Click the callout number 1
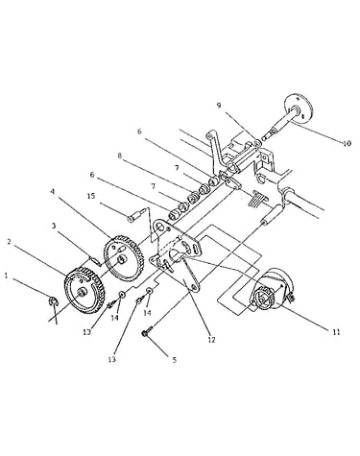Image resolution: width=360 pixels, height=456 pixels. click(x=6, y=276)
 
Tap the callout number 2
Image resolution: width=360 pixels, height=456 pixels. click(x=11, y=242)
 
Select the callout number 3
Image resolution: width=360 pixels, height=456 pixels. click(x=54, y=226)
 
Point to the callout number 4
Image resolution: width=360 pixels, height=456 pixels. click(x=53, y=192)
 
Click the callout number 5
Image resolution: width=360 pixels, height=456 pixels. click(x=175, y=360)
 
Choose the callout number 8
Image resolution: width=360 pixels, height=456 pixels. click(x=119, y=156)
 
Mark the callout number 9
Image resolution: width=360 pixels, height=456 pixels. click(x=219, y=106)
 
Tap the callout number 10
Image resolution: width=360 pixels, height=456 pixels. click(x=347, y=143)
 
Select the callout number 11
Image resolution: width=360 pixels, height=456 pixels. click(x=336, y=332)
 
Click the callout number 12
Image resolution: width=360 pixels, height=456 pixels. click(x=211, y=340)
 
